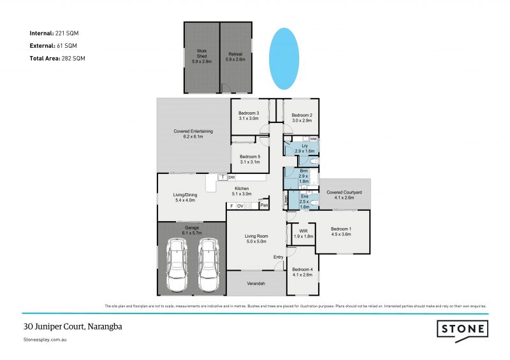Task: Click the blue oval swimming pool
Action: click(283, 57)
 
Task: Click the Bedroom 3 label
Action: click(249, 115)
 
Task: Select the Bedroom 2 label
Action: click(302, 117)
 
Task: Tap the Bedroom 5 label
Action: click(249, 159)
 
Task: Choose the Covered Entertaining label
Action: click(193, 134)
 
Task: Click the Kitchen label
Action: click(242, 191)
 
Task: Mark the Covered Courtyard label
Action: click(344, 194)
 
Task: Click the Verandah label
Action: click(256, 283)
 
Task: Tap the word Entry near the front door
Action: click(279, 257)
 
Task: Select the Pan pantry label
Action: click(263, 205)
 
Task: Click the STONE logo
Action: click(462, 329)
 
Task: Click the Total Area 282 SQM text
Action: click(57, 58)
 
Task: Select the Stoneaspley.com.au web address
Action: click(45, 340)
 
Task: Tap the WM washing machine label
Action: click(313, 139)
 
